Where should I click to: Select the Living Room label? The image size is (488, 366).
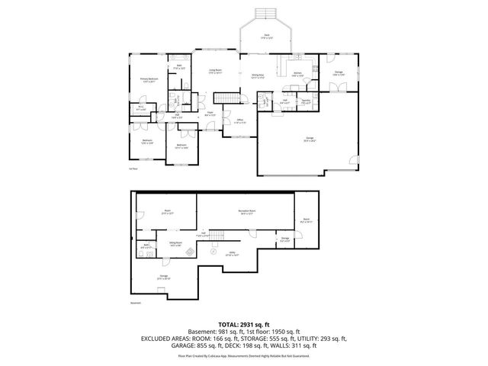pos(215,71)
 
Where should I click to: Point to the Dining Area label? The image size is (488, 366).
pos(257,76)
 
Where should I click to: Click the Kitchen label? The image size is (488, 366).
pos(297,75)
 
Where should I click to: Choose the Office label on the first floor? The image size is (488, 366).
pos(239,120)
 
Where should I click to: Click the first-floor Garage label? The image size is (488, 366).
pos(310,139)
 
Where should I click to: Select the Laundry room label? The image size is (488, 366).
pos(304,101)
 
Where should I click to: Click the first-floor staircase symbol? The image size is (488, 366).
pos(226,98)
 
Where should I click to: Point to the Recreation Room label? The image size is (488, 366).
pos(246,213)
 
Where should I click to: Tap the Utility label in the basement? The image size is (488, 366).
pos(233,254)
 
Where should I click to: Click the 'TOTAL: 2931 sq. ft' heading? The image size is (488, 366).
pos(244,324)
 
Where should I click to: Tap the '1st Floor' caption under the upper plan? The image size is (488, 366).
pos(133,169)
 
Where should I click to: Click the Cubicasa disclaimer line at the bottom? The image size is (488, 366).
pos(244,355)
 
